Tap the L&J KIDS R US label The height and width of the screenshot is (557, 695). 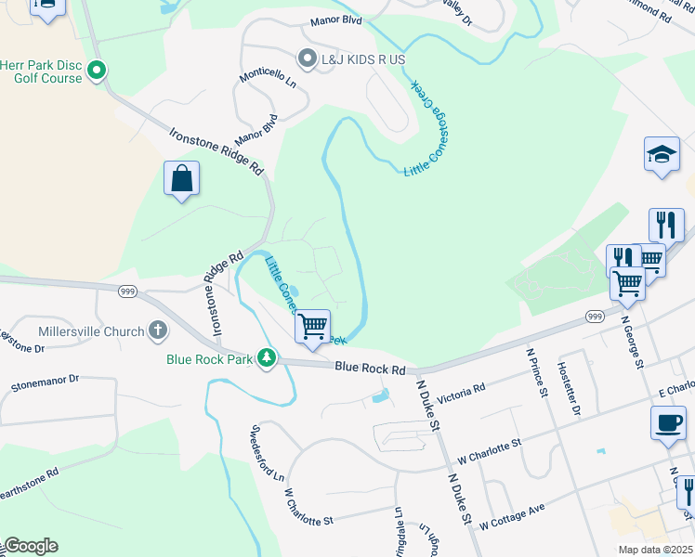click(363, 59)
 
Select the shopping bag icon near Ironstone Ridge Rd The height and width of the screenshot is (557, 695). click(182, 178)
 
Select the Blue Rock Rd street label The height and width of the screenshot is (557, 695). click(371, 369)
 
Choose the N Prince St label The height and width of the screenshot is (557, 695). click(537, 372)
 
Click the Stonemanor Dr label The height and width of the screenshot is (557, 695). click(46, 382)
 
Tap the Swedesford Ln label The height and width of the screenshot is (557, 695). click(267, 453)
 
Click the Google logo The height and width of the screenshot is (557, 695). click(30, 546)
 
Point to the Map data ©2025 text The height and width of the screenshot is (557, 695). click(655, 550)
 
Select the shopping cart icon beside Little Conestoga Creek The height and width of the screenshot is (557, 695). click(314, 326)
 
